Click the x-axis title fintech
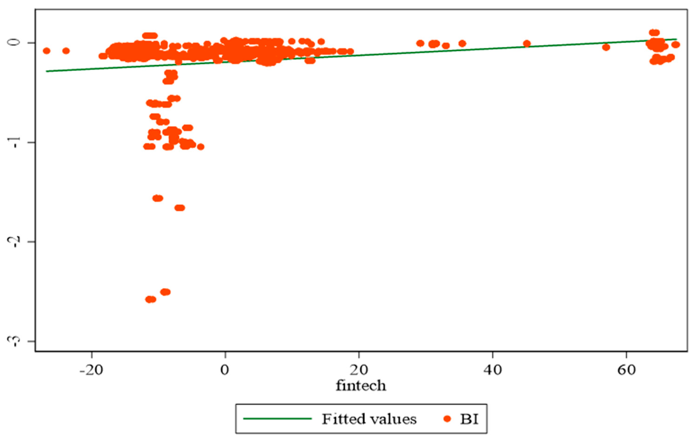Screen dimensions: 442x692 click(361, 385)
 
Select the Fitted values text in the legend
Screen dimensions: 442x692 click(369, 419)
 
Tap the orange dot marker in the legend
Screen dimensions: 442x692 click(447, 419)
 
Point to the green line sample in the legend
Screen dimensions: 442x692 click(278, 419)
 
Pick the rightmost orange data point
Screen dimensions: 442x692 click(676, 44)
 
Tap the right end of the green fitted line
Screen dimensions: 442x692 click(676, 39)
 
